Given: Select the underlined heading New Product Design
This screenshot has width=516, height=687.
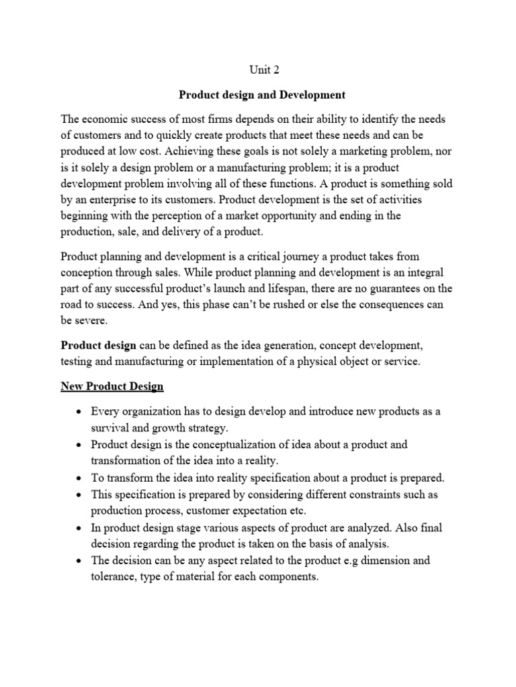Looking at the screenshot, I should tap(112, 386).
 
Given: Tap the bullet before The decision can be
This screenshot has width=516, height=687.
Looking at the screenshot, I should tap(80, 560).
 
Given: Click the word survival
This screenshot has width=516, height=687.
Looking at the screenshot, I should tap(112, 427).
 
